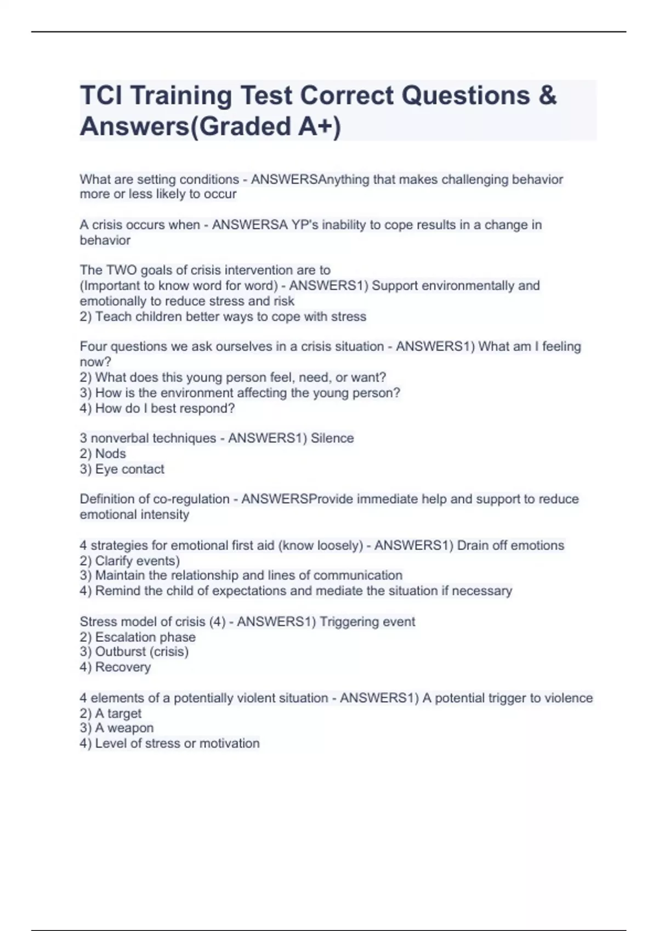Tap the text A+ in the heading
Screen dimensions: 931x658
pos(315,127)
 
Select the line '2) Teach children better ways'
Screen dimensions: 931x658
pos(223,317)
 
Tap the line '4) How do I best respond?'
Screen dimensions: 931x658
pos(157,409)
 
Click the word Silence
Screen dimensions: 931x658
pos(332,438)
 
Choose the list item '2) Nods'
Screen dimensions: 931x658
pos(103,453)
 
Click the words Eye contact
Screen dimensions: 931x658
pos(129,469)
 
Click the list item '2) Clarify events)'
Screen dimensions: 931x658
pos(129,561)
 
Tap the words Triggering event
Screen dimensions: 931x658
pos(367,622)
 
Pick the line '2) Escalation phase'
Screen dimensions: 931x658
pos(137,637)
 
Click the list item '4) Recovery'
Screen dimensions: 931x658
pos(115,667)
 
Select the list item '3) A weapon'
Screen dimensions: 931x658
pos(116,728)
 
